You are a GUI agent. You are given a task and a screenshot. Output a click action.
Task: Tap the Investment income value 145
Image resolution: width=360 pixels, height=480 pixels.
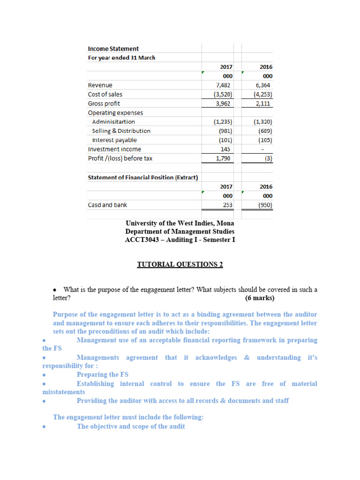tap(226, 149)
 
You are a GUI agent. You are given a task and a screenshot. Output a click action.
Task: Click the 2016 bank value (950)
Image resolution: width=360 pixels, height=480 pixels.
tap(264, 205)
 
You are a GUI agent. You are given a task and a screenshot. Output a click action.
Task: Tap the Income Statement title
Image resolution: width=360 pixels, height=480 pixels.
tap(113, 49)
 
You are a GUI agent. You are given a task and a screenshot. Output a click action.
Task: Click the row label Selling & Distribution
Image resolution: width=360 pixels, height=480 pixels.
tap(121, 131)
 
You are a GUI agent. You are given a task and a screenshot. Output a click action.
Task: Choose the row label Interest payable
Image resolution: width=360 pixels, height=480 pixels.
tap(114, 140)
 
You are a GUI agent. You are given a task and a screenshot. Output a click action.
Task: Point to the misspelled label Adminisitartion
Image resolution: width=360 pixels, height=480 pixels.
tap(113, 122)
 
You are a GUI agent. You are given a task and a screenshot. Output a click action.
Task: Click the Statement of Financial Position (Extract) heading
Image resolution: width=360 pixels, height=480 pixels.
tap(142, 177)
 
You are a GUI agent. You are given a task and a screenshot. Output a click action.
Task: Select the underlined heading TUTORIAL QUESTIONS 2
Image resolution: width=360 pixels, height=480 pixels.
tap(180, 264)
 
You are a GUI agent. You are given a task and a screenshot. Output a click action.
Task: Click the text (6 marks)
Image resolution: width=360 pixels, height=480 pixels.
tap(260, 298)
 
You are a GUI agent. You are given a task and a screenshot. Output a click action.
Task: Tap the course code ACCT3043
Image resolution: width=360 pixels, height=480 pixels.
tap(141, 240)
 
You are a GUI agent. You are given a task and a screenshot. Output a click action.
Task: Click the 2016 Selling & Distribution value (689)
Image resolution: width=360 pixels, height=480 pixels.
tap(265, 131)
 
